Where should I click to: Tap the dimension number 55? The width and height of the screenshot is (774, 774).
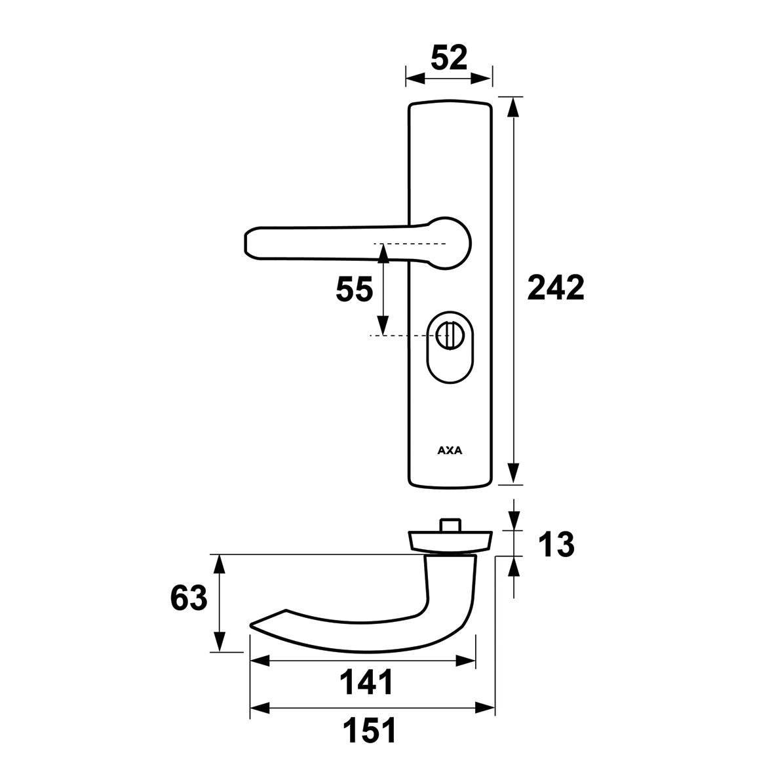[x=354, y=289]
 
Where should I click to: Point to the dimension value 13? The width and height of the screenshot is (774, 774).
[x=556, y=545]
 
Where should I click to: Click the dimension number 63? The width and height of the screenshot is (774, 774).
[x=189, y=598]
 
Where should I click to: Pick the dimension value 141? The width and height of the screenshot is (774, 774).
[x=366, y=682]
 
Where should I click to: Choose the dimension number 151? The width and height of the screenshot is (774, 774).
[x=370, y=731]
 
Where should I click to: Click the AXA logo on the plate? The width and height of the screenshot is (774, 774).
[x=450, y=450]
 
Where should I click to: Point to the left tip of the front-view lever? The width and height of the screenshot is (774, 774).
[x=245, y=242]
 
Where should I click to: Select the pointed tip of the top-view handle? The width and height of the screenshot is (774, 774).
[x=251, y=625]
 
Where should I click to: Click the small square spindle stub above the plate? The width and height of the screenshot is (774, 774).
[x=450, y=525]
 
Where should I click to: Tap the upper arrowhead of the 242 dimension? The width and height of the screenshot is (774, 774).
[x=514, y=107]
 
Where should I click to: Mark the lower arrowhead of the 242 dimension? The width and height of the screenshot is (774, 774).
[x=514, y=473]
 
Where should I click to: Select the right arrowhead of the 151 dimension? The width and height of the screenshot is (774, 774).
[x=485, y=708]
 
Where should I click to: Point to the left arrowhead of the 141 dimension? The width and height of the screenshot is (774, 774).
[x=260, y=661]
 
